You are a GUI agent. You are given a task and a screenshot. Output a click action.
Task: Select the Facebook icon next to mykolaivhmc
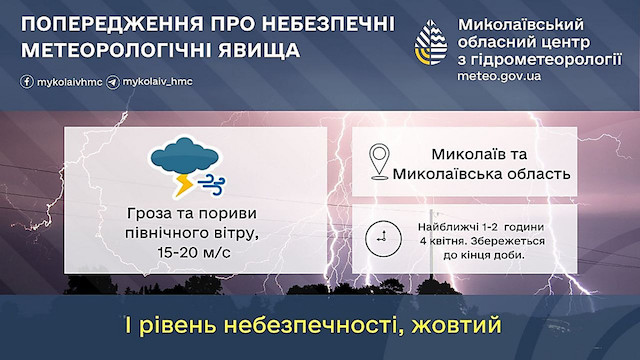point(24,79)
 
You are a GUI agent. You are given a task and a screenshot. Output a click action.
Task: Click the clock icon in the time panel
point(380,238)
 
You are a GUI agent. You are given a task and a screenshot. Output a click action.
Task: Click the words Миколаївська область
point(483,174)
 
